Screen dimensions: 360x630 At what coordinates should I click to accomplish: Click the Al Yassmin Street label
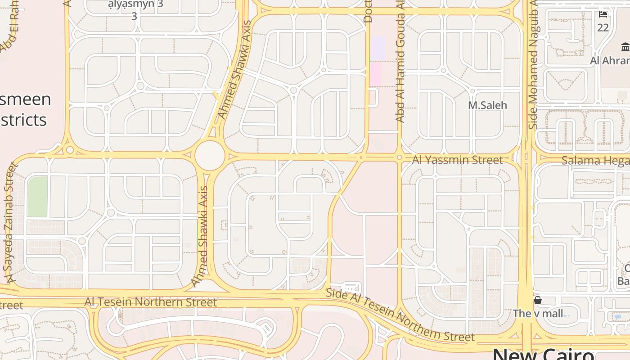click(x=457, y=160)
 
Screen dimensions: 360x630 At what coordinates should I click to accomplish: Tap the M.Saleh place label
click(x=487, y=105)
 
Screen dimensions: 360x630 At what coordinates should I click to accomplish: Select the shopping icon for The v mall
click(x=537, y=300)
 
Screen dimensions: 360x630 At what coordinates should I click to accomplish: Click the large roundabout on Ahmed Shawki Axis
click(x=210, y=155)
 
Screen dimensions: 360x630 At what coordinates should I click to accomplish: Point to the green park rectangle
click(x=37, y=197)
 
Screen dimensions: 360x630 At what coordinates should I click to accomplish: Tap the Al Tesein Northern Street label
click(x=151, y=302)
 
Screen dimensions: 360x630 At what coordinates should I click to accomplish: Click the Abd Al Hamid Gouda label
click(x=400, y=67)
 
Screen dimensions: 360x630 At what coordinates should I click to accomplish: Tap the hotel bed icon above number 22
click(x=603, y=14)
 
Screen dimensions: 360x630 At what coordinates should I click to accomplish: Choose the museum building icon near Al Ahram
click(x=625, y=47)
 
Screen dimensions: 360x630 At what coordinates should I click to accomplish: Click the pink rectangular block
click(x=375, y=73)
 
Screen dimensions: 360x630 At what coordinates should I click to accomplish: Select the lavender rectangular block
click(x=378, y=48)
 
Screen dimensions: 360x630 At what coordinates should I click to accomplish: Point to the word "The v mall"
click(x=538, y=314)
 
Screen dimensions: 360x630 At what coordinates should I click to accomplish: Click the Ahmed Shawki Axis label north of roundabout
click(x=234, y=70)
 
